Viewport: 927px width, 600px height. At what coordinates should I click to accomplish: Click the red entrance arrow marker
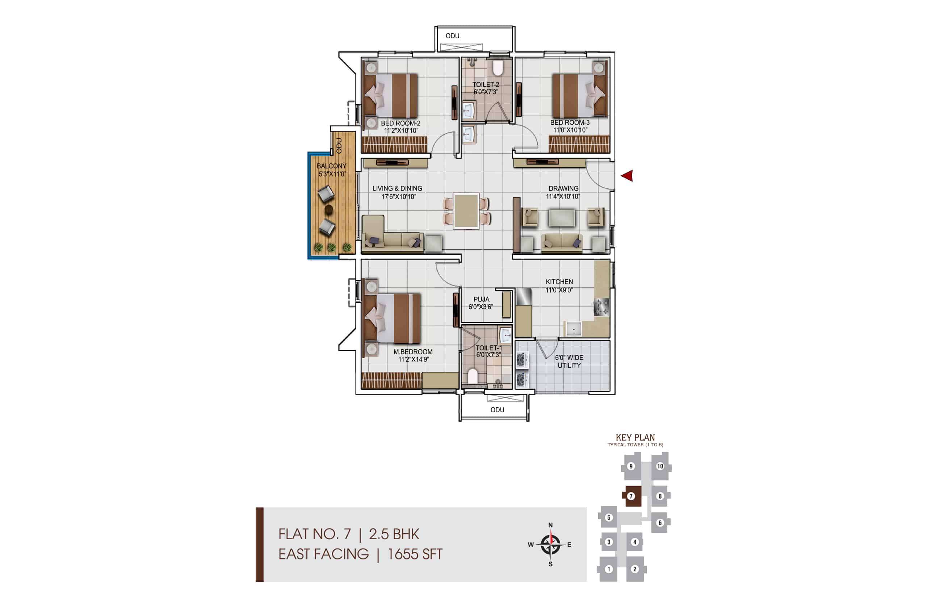[627, 175]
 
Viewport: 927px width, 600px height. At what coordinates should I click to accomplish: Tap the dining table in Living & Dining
[466, 211]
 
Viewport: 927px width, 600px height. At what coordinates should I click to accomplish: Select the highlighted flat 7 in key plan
[632, 496]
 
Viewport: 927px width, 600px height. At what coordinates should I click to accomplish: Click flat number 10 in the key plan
[660, 466]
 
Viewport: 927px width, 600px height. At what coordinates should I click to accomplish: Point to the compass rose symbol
[550, 544]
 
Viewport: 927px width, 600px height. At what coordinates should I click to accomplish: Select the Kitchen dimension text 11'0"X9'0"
[559, 290]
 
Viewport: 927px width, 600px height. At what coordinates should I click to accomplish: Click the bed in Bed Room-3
[580, 95]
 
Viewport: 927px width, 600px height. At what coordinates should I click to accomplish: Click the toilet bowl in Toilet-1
[472, 376]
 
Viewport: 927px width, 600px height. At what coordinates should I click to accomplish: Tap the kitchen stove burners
[601, 307]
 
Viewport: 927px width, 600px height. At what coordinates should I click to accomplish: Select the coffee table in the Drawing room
[561, 218]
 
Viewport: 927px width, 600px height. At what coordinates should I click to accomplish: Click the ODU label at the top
[452, 36]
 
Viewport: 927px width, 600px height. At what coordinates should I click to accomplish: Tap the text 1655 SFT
[415, 554]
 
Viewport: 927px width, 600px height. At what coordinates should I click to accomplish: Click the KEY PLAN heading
[635, 438]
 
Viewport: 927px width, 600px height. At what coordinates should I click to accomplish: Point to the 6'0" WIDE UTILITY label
[569, 362]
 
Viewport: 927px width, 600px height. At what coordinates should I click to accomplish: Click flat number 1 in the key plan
[609, 569]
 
